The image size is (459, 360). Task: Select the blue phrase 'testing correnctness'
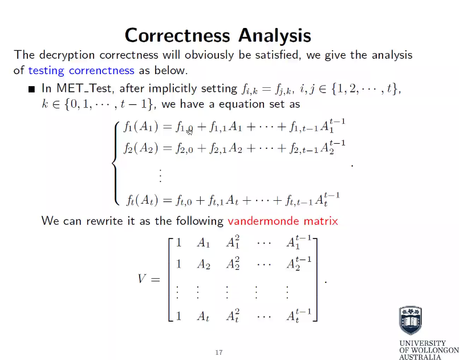81,71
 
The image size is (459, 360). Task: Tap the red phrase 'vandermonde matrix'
282,220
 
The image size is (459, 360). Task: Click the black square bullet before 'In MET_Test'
32,90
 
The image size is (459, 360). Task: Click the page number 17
218,352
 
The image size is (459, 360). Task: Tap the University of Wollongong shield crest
411,321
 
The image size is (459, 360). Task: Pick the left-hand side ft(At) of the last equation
139,200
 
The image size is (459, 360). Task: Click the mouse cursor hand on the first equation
190,132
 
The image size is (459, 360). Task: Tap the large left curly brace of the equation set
116,163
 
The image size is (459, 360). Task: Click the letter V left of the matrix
143,279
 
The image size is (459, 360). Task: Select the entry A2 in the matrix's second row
204,264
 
